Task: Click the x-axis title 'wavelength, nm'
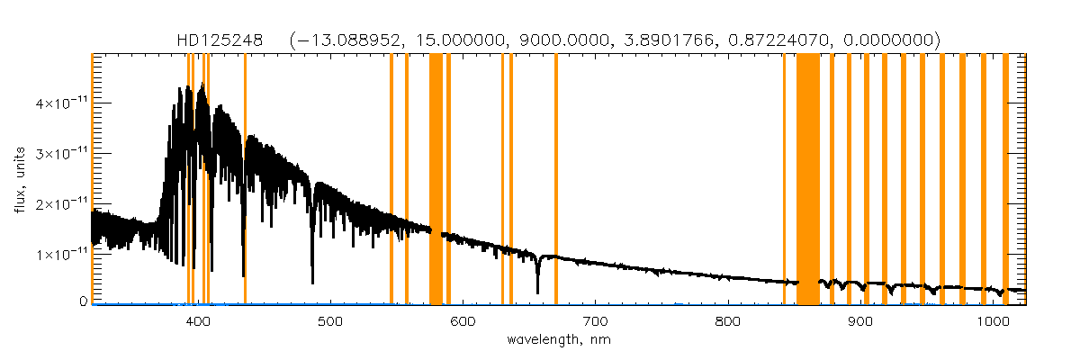559,340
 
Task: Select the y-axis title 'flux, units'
20,179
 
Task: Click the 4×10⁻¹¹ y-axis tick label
61,103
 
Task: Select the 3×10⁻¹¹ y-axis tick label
61,154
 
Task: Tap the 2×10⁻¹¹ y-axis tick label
61,204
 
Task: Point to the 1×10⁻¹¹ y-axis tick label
61,255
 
